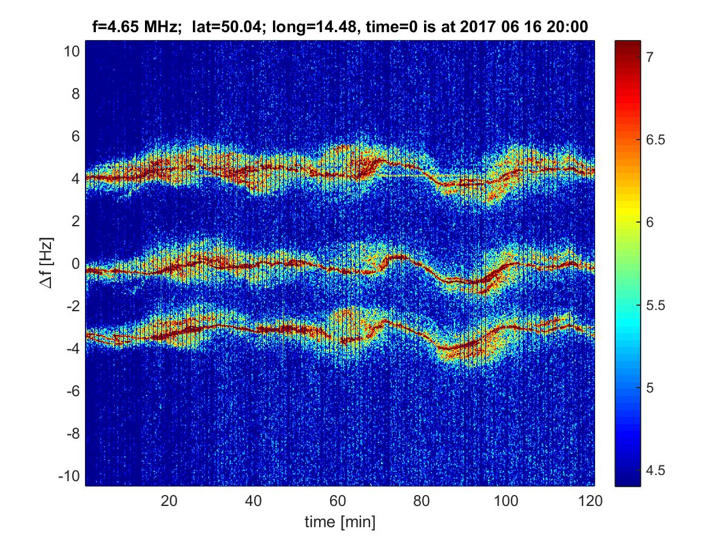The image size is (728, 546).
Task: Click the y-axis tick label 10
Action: (72, 52)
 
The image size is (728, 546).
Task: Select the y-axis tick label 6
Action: (75, 136)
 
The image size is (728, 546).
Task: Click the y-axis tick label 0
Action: (75, 264)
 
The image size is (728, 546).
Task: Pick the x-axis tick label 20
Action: (169, 501)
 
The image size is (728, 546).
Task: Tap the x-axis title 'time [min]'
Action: (340, 521)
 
